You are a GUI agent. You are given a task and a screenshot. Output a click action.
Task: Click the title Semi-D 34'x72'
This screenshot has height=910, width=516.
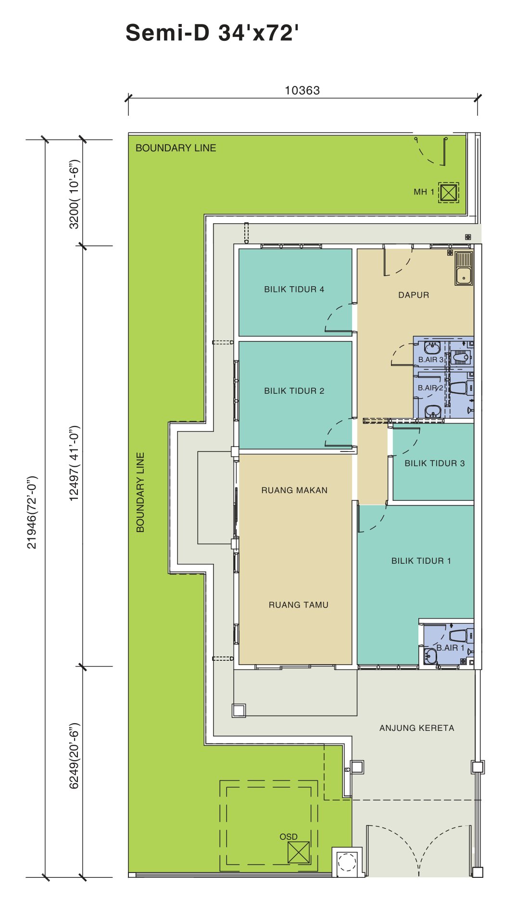tap(212, 33)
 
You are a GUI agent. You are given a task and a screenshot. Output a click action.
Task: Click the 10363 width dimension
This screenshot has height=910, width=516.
tap(302, 90)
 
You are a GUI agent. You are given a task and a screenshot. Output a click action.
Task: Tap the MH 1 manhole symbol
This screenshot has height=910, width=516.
tap(448, 193)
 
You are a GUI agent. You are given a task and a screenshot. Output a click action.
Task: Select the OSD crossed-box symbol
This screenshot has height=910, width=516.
tap(298, 852)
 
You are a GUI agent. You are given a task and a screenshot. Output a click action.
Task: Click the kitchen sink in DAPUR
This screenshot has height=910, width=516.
tap(464, 269)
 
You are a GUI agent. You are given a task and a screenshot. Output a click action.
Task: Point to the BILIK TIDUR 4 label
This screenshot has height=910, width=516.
tap(294, 289)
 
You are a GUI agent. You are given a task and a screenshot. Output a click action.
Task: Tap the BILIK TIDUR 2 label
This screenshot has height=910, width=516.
tap(294, 391)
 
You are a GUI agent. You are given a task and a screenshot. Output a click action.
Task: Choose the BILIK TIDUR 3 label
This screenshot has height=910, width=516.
tap(434, 463)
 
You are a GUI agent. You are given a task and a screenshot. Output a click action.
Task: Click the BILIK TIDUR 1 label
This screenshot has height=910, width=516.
tap(421, 561)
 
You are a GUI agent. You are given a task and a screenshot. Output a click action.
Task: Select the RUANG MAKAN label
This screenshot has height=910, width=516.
tap(294, 490)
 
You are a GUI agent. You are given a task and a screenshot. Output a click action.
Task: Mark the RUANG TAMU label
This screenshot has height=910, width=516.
tap(299, 605)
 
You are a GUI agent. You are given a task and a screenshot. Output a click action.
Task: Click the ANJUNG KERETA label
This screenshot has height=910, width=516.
tap(416, 728)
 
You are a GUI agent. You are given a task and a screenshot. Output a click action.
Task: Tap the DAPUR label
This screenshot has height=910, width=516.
tap(414, 295)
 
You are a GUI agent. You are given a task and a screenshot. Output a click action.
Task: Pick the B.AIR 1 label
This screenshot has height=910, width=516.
tap(451, 648)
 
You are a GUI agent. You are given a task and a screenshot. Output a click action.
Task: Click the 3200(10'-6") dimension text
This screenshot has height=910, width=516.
tap(74, 194)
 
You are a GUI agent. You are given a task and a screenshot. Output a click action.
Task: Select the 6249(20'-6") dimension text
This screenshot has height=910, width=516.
tap(74, 756)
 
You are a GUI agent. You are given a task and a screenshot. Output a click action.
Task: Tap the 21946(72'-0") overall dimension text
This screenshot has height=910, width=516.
tap(32, 512)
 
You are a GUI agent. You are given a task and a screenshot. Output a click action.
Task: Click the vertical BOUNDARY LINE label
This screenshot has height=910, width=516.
tap(140, 492)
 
